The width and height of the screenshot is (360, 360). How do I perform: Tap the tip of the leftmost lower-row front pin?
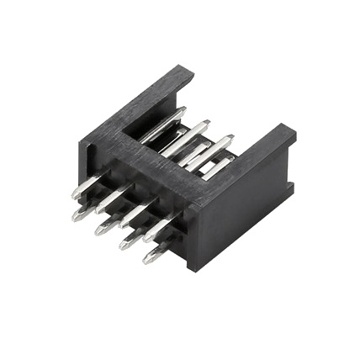point(77,215)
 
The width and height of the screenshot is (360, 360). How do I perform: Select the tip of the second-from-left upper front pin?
point(99,207)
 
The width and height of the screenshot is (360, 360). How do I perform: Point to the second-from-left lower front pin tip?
point(100,229)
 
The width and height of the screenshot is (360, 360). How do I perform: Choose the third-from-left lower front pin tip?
point(124,244)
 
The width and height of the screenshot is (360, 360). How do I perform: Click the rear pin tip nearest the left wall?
point(182,110)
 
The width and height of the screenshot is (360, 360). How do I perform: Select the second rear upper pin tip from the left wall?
point(205,124)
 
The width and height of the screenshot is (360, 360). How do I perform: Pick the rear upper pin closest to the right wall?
point(233,157)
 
